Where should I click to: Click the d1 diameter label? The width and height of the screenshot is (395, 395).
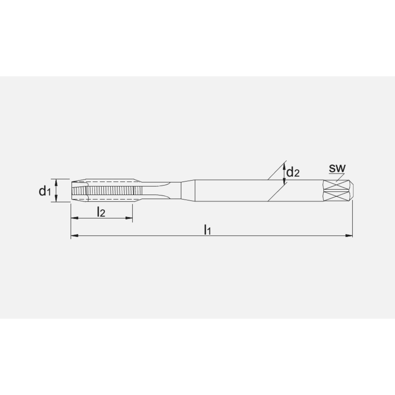click(45, 192)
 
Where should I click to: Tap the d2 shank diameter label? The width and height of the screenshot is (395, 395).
click(293, 172)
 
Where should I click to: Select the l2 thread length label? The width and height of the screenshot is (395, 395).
click(101, 212)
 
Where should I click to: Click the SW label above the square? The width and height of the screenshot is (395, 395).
click(337, 168)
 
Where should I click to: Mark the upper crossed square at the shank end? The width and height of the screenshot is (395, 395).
click(336, 185)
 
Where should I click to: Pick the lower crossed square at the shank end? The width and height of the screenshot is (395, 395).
click(336, 196)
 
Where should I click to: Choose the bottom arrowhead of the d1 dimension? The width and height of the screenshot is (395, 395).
click(56, 200)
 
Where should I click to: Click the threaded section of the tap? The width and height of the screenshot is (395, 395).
click(111, 191)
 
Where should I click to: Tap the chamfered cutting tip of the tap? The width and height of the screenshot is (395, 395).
click(78, 191)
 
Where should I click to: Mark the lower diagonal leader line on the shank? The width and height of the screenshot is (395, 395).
click(276, 194)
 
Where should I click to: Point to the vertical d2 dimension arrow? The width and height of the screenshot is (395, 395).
click(285, 174)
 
